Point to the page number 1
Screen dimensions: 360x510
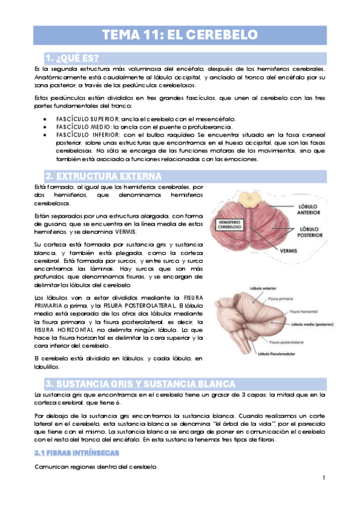[x=323, y=478]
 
